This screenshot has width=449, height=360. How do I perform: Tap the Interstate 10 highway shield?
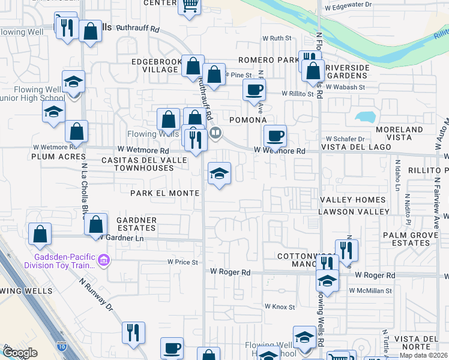[x=62, y=347]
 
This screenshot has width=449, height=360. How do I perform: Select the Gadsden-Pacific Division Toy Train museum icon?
[x=103, y=261]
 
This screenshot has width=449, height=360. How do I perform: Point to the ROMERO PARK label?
[x=268, y=60]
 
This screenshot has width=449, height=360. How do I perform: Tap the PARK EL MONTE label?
[x=165, y=193]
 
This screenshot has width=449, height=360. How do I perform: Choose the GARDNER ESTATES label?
[x=136, y=224]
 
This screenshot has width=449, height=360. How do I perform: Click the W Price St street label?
[x=182, y=262]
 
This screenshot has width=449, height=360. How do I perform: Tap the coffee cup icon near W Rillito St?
[x=253, y=91]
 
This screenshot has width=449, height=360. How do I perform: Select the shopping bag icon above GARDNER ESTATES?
[x=95, y=224]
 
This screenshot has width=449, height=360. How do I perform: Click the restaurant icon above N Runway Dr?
[x=133, y=332]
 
